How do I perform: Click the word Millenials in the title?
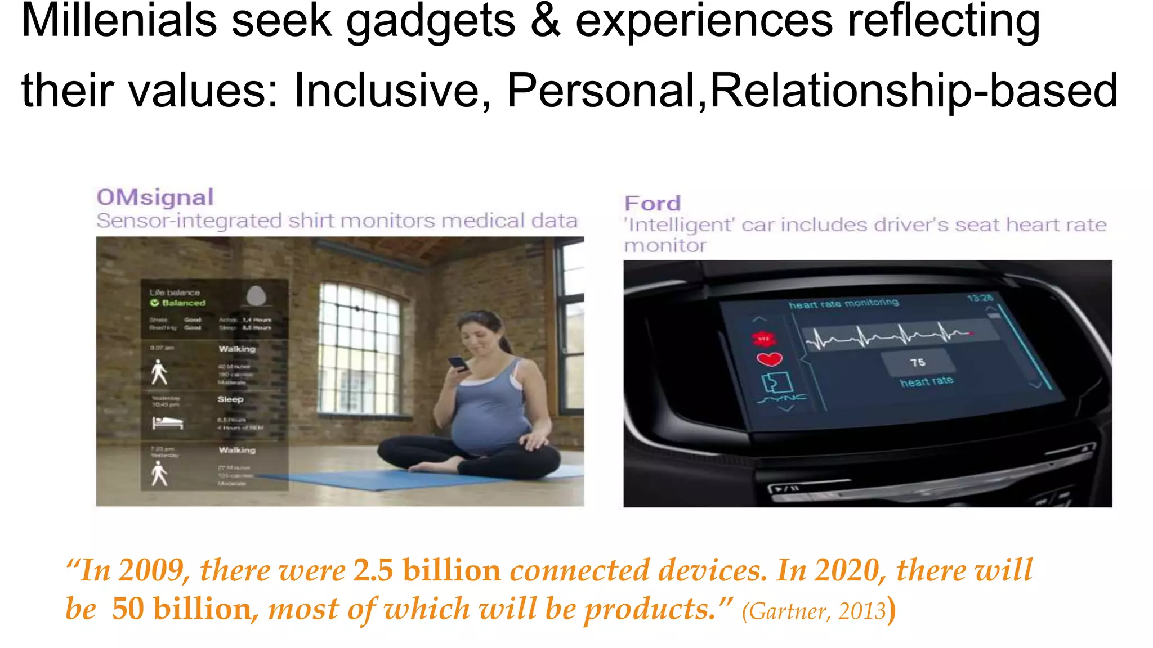(119, 21)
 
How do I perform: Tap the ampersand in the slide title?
(545, 21)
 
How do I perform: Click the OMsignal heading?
(155, 197)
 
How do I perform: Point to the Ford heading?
(653, 203)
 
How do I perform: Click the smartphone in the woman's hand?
(458, 363)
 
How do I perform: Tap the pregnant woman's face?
(475, 337)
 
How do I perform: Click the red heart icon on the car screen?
(769, 359)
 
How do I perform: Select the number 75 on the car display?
(918, 363)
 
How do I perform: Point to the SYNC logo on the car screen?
(783, 399)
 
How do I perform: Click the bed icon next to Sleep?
(168, 422)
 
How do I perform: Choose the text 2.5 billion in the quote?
(427, 570)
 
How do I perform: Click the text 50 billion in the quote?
(181, 609)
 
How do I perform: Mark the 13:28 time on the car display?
(980, 298)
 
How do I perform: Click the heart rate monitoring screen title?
(843, 303)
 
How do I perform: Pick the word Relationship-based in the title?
(914, 91)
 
